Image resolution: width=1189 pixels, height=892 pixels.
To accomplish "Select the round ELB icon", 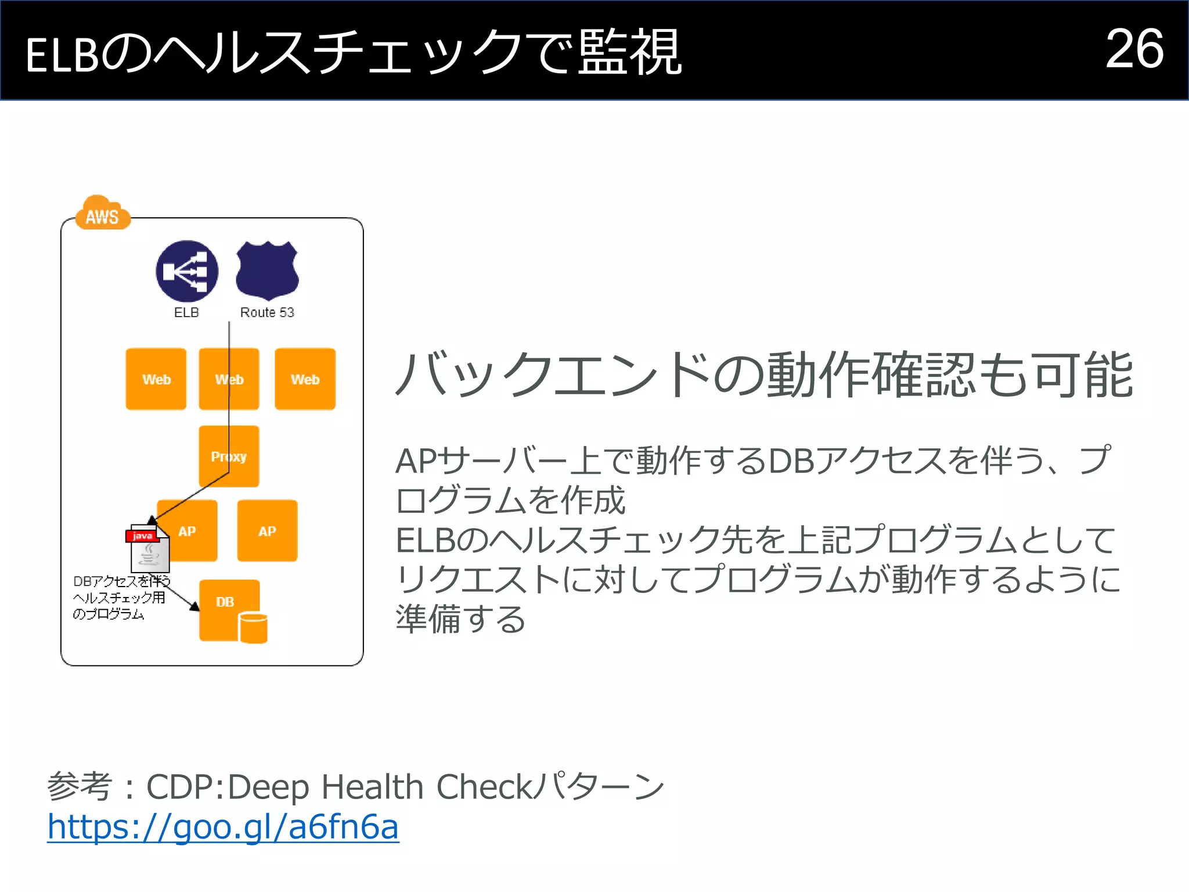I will click(x=187, y=271).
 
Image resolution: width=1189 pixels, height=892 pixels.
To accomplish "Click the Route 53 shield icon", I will click(x=267, y=271).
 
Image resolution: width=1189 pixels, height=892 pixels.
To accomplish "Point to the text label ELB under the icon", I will click(x=186, y=312).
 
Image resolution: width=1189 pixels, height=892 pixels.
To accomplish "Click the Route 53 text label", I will click(x=267, y=312).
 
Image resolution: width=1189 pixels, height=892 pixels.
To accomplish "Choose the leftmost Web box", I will click(x=156, y=379).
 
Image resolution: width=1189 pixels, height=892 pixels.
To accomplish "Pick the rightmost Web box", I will click(x=305, y=379).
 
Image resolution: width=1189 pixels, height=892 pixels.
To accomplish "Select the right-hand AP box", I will click(x=268, y=531).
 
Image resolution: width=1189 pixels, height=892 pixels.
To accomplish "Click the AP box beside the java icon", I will click(x=192, y=531).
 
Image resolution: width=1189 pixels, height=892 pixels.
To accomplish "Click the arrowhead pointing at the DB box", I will click(x=194, y=606).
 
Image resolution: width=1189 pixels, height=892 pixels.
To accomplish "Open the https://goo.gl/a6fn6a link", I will click(x=223, y=826).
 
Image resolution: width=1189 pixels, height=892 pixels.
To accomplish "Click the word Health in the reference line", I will click(x=372, y=787).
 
